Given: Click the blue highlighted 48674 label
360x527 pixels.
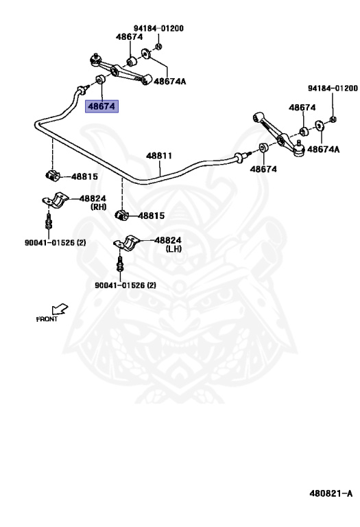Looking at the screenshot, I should [101, 106].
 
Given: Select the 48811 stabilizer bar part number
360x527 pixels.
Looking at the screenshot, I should [158, 156].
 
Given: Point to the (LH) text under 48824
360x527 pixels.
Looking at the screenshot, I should [171, 249].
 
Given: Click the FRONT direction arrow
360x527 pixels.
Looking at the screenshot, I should [60, 309].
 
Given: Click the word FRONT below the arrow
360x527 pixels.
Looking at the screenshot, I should [47, 319].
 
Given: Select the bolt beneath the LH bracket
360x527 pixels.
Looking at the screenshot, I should [120, 264].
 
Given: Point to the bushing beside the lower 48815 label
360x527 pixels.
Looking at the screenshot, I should [121, 216].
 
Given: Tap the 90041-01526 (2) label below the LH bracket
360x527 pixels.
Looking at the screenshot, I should [125, 285].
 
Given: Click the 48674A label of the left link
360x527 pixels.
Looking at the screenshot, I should [169, 81].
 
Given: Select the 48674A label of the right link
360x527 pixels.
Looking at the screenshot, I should [323, 149].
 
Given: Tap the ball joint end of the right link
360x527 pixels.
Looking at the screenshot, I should [299, 144].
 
